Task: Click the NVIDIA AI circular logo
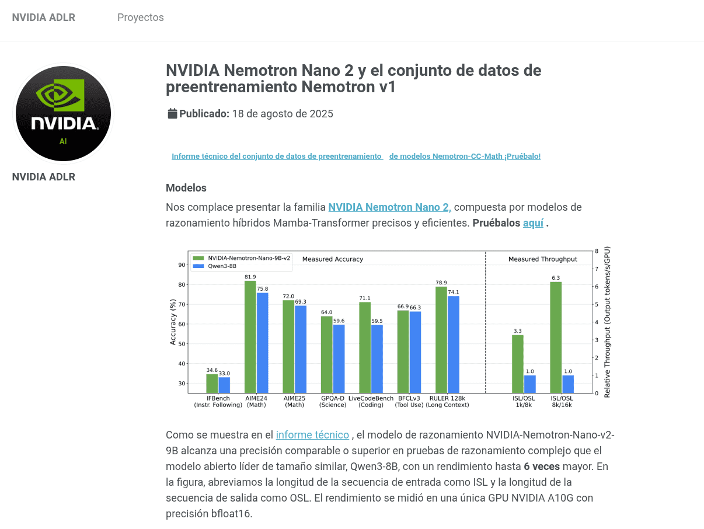63,113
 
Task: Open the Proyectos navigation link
140,18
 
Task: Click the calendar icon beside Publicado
172,114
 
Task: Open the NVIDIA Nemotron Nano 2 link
389,207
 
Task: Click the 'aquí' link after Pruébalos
533,223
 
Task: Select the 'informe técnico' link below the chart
312,435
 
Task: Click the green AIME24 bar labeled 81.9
250,336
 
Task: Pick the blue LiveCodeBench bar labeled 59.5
377,359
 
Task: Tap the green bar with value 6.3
556,337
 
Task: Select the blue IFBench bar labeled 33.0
224,385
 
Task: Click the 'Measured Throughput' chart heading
542,259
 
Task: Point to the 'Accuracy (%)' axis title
173,322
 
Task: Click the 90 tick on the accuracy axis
182,265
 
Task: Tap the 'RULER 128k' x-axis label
447,398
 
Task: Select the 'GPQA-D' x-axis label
333,398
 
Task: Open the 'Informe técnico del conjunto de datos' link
276,156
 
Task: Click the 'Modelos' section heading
186,188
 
